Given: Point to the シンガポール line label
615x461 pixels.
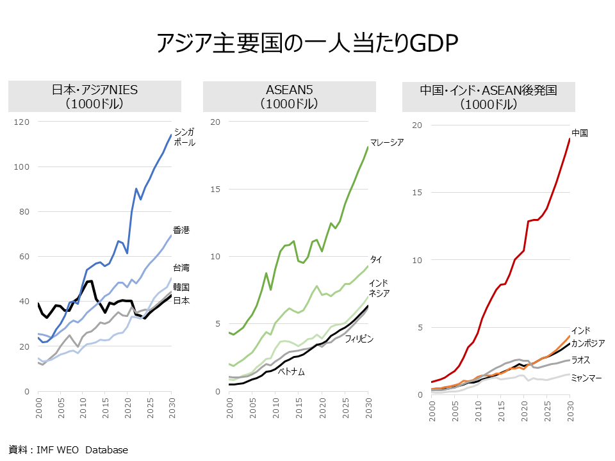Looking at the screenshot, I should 184,137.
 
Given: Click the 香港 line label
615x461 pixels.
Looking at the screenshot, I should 181,230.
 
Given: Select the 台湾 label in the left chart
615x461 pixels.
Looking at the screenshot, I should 181,268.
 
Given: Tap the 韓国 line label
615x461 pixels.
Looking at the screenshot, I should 181,287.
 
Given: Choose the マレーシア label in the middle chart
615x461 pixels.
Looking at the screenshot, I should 387,142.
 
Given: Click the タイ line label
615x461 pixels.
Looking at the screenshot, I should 376,259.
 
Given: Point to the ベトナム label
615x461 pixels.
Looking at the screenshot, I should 291,371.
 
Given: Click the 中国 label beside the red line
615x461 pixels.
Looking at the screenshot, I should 580,133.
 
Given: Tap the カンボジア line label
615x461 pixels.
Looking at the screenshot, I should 587,343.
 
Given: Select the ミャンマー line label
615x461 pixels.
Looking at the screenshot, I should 586,378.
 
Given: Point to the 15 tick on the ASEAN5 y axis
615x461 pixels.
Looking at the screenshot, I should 216,189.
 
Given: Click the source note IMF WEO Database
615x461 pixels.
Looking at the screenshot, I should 69,449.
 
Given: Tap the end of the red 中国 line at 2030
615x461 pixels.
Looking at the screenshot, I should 570,139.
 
